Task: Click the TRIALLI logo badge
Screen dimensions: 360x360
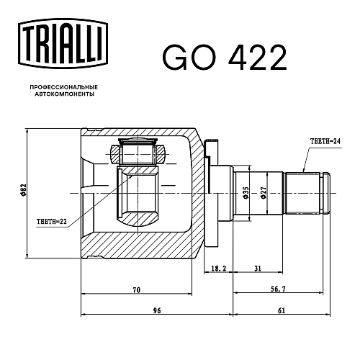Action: [x=63, y=44]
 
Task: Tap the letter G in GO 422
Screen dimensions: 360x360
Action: [x=175, y=58]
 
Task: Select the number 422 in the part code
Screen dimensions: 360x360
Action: [x=258, y=58]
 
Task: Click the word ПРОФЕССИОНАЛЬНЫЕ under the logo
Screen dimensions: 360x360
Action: [x=64, y=87]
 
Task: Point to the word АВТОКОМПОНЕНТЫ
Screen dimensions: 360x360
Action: [x=65, y=94]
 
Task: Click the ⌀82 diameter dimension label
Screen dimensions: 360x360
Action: [x=23, y=191]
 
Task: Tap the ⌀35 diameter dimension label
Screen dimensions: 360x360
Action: [x=246, y=193]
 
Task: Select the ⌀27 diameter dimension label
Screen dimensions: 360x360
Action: [x=264, y=193]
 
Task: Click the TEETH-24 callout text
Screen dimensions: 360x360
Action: [x=325, y=141]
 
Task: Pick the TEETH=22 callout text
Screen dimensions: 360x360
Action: [x=52, y=222]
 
